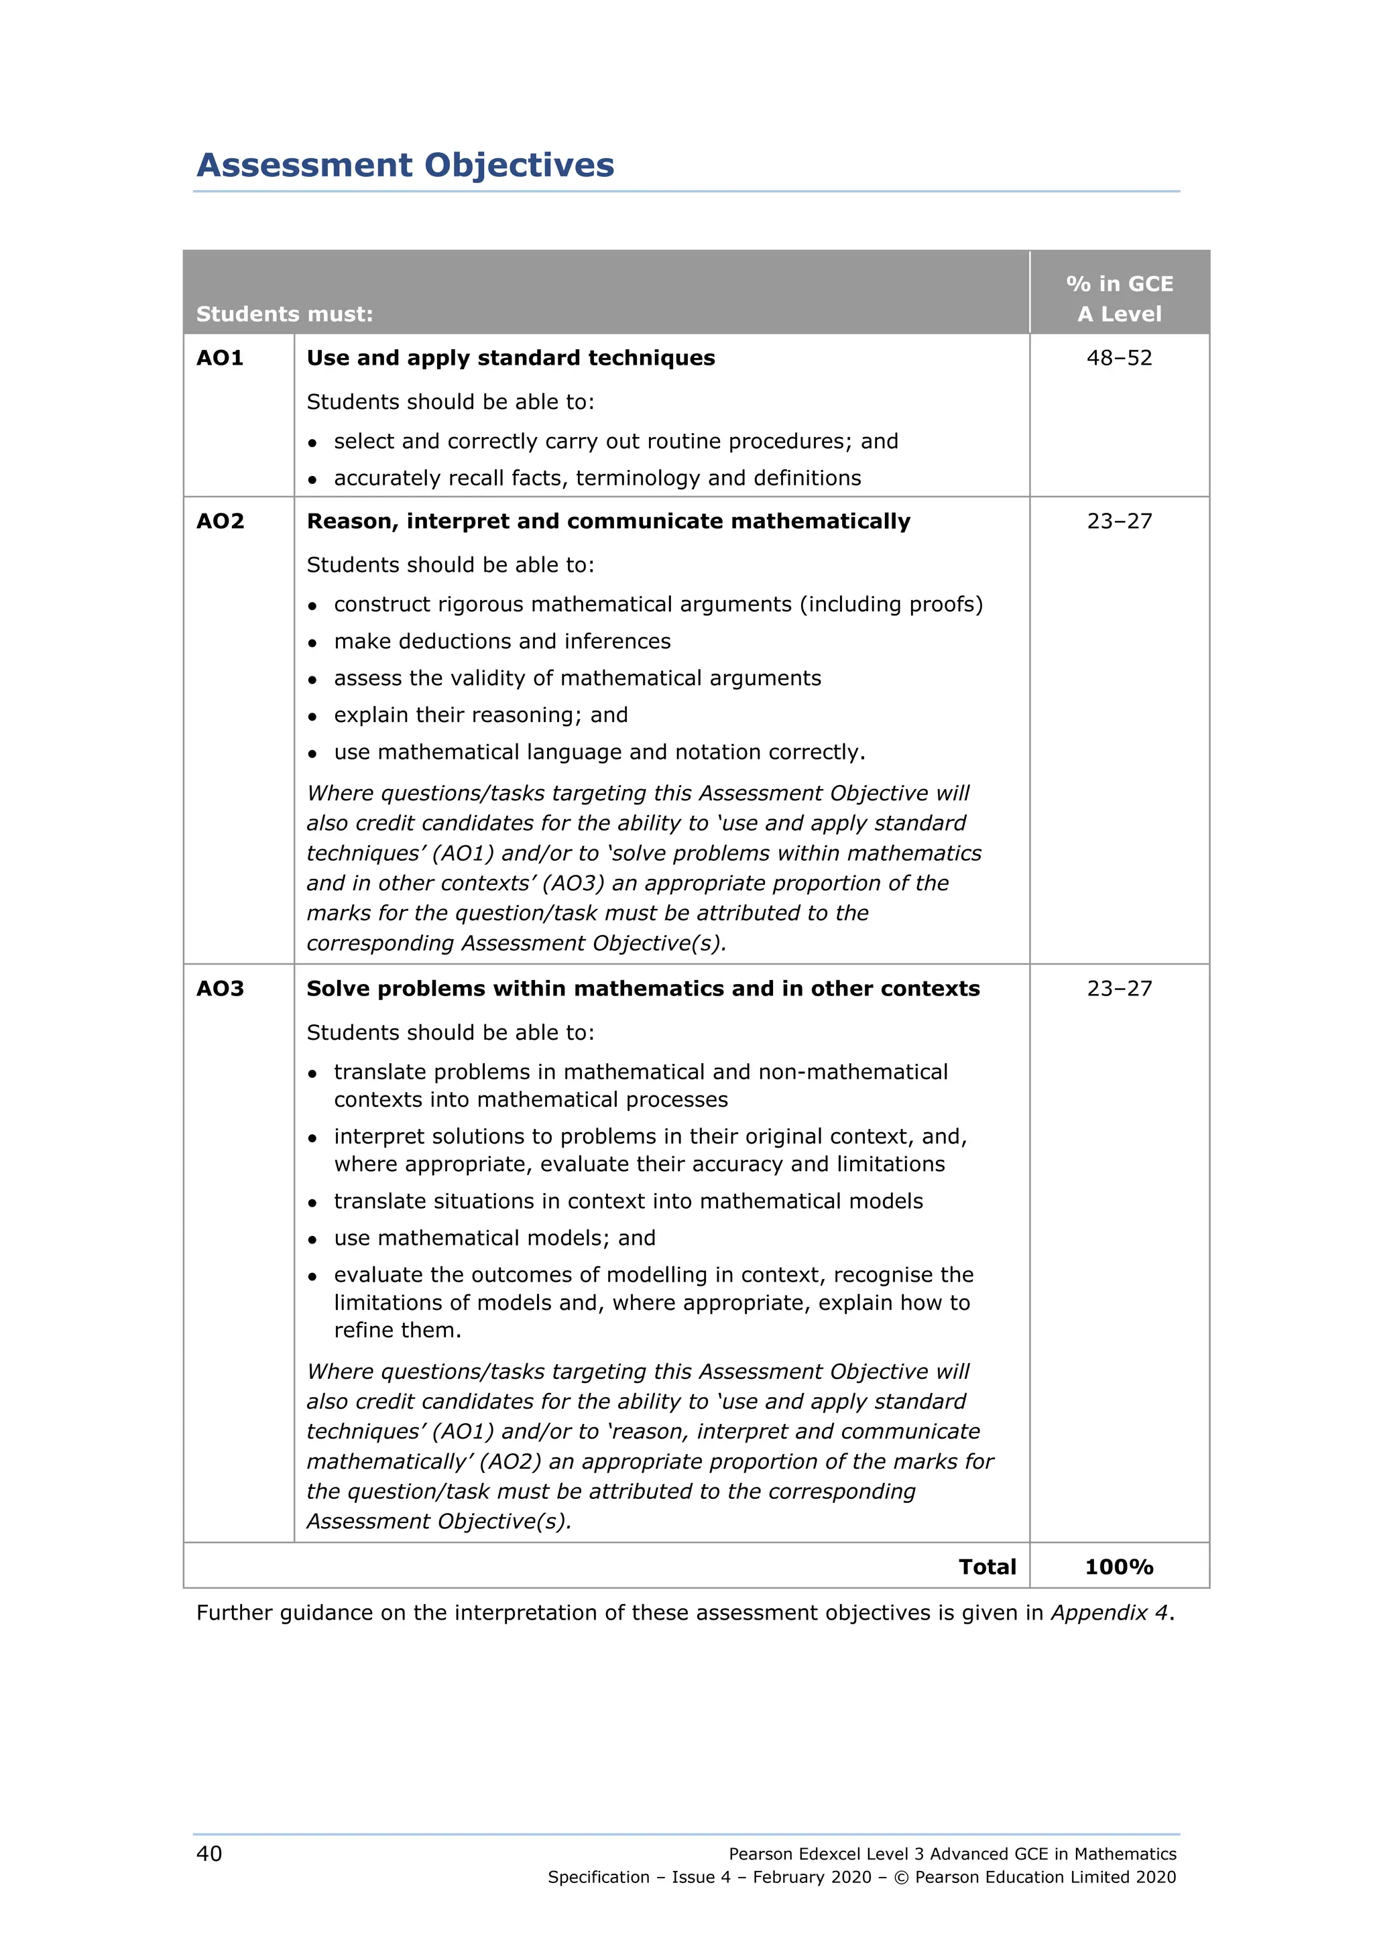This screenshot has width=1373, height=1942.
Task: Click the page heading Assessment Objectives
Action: pos(405,165)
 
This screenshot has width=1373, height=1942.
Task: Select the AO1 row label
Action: pos(220,358)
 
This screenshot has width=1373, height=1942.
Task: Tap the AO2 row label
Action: pos(220,521)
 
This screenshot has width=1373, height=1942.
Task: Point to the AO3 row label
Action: pos(220,989)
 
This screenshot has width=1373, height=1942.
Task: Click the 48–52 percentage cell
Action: pos(1118,358)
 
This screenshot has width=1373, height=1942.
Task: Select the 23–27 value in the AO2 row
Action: pos(1118,521)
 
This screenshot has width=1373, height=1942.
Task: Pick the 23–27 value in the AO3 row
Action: pos(1118,989)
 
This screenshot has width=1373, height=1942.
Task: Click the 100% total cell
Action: pos(1118,1567)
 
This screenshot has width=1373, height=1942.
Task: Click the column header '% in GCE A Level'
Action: pos(1118,298)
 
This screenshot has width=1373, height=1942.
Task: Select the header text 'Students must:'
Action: pos(284,314)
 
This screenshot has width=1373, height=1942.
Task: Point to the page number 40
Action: pos(209,1854)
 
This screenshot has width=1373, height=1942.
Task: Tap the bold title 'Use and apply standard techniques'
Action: pos(510,358)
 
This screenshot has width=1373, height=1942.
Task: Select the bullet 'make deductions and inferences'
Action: pos(501,641)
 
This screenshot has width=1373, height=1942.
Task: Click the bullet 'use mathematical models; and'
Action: pos(494,1238)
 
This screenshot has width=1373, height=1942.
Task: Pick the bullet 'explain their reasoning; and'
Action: pos(481,715)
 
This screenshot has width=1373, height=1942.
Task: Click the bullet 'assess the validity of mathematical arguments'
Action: pos(577,678)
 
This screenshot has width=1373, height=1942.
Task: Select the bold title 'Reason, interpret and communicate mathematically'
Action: pos(608,521)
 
